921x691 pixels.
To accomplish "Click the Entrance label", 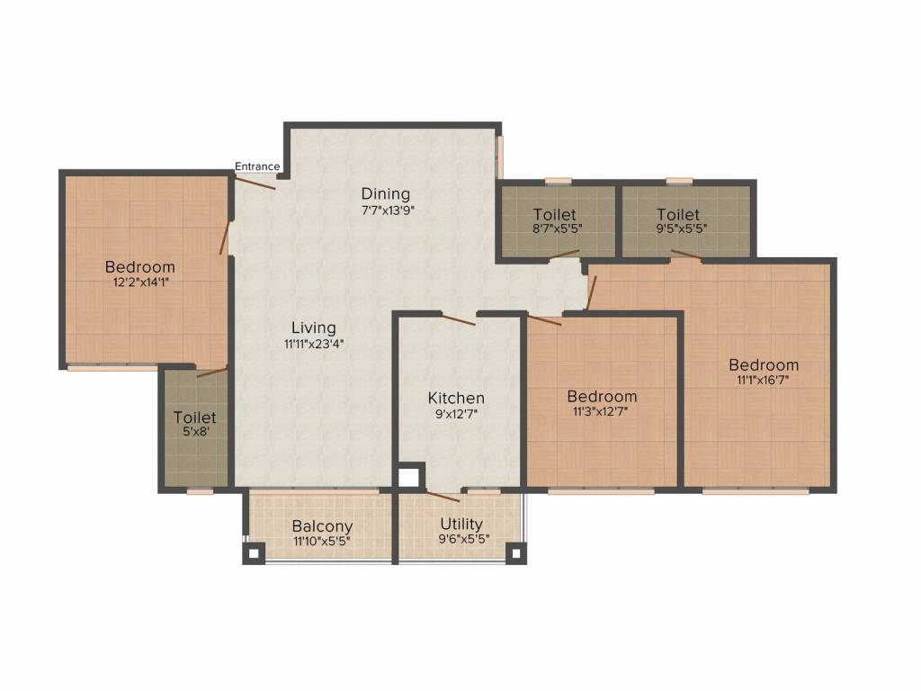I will point(257,166).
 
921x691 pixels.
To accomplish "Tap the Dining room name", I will point(386,193).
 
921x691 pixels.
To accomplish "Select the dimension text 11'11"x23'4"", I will point(314,343).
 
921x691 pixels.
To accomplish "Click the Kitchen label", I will point(456,398).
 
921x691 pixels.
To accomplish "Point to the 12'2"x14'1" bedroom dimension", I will point(139,283).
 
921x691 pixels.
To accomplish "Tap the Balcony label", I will point(322,526).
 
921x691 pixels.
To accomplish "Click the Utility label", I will point(461,524).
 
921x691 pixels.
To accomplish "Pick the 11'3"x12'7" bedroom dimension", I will point(602,412).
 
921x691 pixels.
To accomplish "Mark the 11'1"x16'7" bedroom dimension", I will point(764,381).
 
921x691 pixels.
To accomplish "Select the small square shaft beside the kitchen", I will point(409,476).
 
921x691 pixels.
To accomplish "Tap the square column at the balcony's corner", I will point(254,553).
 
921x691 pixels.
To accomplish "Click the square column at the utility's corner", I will point(515,553).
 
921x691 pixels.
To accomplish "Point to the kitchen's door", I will point(458,319).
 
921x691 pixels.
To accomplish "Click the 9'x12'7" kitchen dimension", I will point(456,414).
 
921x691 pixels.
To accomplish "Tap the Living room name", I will point(314,328).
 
